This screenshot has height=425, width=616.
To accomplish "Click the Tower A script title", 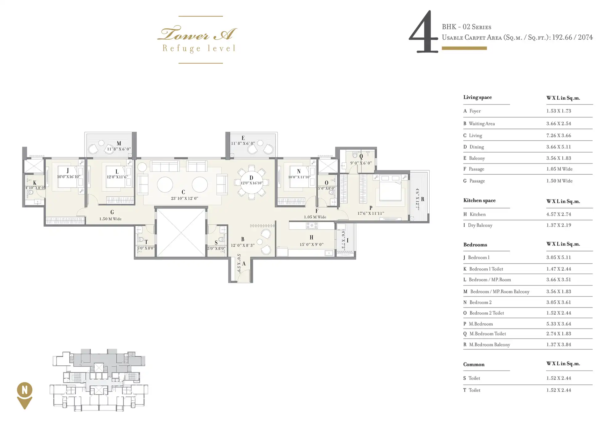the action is coord(197,34).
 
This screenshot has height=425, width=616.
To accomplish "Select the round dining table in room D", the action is coord(251,182).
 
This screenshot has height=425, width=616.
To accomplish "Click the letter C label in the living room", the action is coord(183,192).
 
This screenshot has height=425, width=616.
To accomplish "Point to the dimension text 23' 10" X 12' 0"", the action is coord(184,198).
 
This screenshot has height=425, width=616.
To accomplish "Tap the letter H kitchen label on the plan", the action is coord(311,237).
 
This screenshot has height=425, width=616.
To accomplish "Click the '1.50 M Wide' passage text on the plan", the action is coord(110,219).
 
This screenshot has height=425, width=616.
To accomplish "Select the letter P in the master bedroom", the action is coord(371,208).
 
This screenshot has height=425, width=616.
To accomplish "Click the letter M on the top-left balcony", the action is coord(119,143).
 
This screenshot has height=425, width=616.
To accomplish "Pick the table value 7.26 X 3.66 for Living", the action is coord(559,135).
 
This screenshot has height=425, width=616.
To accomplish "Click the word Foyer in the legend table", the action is coord(475,111).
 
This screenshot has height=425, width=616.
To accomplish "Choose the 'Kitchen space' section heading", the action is coord(480,201).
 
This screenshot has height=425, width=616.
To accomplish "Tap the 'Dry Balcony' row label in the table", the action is coord(480,225).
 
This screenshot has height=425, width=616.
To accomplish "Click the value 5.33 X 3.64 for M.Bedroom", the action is coord(559,324).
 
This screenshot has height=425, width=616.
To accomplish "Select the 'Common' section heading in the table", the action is coord(474,364).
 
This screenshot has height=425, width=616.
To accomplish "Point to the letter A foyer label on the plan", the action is coord(244,264).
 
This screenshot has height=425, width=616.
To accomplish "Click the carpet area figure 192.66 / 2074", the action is coord(572,37).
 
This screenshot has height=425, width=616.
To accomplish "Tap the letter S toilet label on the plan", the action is coord(216,243).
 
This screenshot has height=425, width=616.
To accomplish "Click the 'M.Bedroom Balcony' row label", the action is coord(489,345).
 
